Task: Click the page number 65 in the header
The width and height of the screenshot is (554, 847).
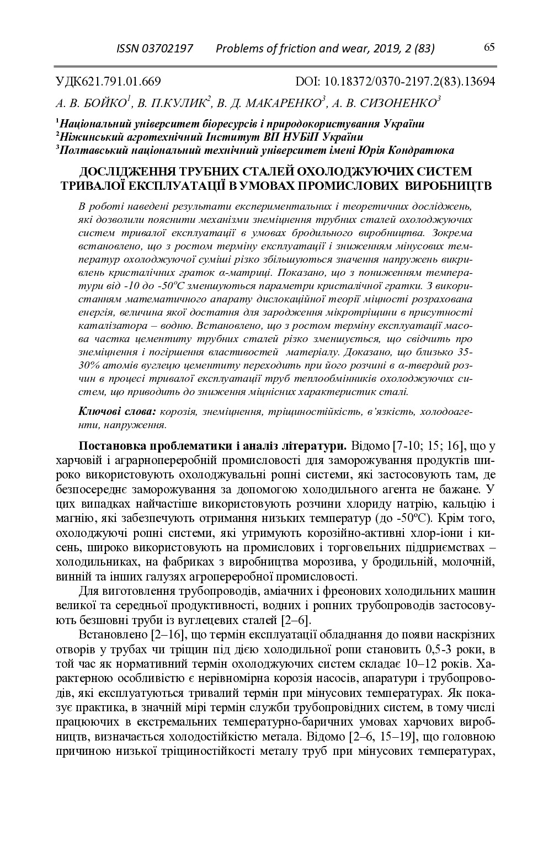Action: (489, 47)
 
